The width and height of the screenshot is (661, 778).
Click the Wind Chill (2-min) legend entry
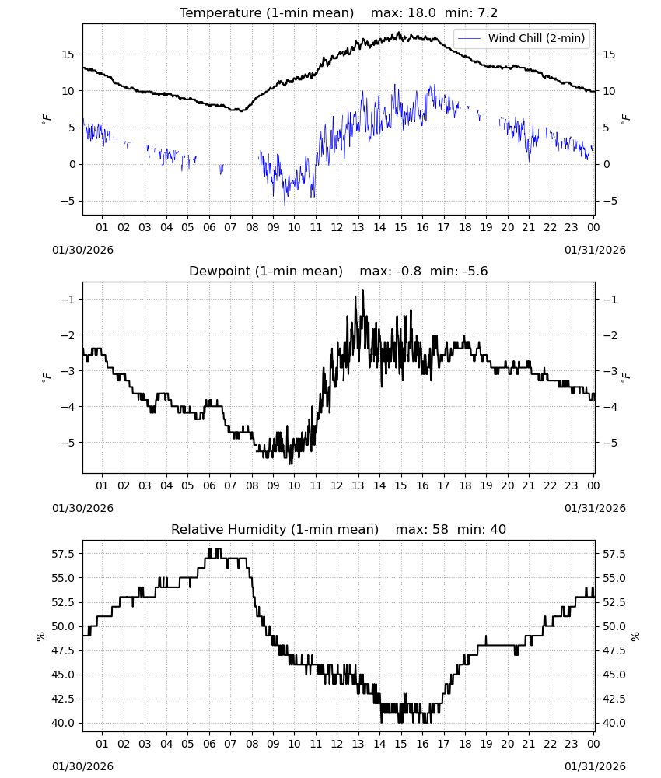pos(522,38)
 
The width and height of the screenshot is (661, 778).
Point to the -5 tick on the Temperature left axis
pos(68,201)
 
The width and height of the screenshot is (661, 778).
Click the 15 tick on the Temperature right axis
pos(609,54)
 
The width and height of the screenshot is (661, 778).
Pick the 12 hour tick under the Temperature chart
pos(337,227)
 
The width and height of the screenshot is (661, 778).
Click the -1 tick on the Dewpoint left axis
pos(68,300)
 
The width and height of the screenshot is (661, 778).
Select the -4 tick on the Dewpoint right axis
pos(610,407)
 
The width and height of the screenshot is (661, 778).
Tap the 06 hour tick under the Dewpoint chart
pos(209,485)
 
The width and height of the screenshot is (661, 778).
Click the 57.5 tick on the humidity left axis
pos(64,554)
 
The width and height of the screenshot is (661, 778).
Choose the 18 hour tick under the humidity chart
pos(465,744)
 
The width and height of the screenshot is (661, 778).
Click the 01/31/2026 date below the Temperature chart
pos(595,250)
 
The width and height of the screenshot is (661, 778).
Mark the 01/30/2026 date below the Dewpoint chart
pos(82,508)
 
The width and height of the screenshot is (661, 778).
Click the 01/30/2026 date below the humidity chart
pos(82,766)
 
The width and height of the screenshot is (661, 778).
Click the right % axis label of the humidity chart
pos(635,636)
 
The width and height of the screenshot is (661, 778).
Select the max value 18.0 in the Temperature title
pos(421,13)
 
